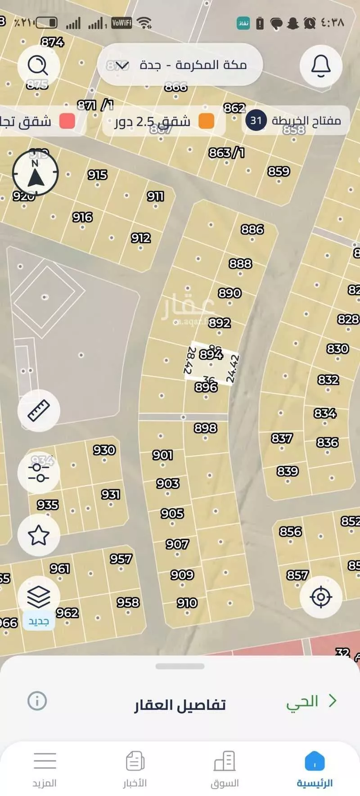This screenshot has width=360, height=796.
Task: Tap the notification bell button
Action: [321, 66]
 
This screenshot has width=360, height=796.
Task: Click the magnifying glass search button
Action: [38, 66]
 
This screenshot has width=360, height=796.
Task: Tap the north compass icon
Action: [36, 173]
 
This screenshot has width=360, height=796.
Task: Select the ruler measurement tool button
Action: [39, 411]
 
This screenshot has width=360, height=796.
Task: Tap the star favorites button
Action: [39, 535]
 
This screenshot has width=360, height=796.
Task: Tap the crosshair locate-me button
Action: [321, 597]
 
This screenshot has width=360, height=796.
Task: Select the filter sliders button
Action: [39, 473]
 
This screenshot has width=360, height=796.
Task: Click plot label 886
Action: [252, 230]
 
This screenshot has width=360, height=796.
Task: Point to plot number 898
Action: [206, 428]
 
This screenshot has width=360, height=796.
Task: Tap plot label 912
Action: [141, 238]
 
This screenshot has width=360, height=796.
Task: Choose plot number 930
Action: [104, 450]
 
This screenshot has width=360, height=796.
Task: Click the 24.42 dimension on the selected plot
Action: [233, 369]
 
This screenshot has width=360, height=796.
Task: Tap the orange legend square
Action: [206, 121]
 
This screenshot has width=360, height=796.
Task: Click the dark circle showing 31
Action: [256, 121]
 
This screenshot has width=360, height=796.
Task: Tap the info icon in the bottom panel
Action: [37, 701]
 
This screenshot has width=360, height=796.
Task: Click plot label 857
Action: [297, 575]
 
